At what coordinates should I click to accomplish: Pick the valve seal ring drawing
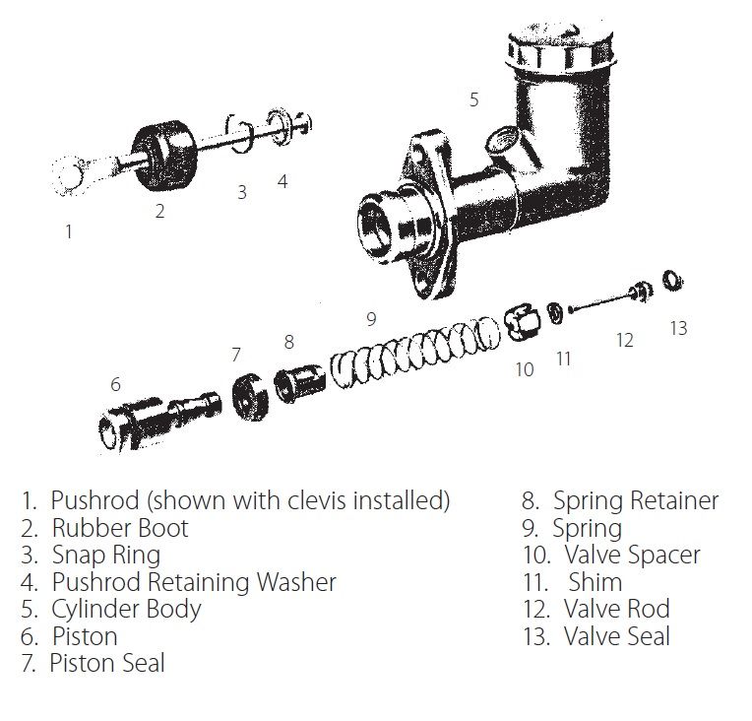[x=673, y=282]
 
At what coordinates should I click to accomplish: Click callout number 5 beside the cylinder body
[x=473, y=99]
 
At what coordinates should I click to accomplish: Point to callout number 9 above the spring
[x=370, y=318]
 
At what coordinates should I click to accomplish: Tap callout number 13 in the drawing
[x=678, y=328]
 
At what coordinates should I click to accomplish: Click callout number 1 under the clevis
[x=68, y=232]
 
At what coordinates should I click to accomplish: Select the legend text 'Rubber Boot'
[x=119, y=528]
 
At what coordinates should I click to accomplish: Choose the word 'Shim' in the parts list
[x=595, y=581]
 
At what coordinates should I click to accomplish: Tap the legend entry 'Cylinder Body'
[x=126, y=609]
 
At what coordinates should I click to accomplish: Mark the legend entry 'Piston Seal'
[x=107, y=663]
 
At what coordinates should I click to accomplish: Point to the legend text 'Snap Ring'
[x=105, y=555]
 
